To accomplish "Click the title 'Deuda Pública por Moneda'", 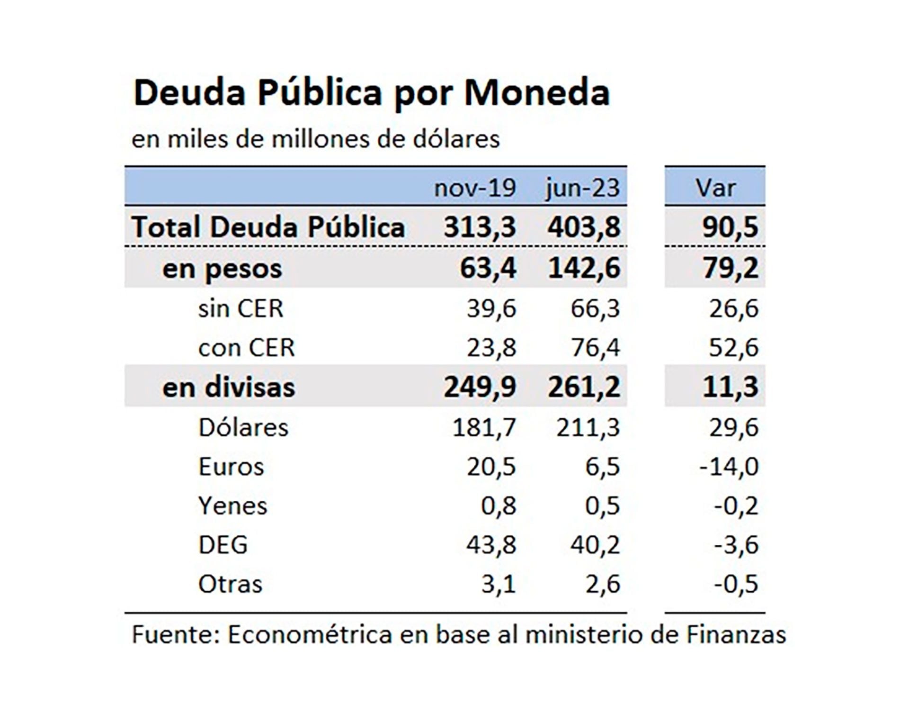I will click(x=372, y=93).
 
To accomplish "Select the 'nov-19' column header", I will click(x=474, y=188).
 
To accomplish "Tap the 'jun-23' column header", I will click(x=582, y=188).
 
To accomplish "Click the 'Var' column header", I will click(x=715, y=188).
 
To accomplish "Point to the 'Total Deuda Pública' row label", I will click(x=268, y=227).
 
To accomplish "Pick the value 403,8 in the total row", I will click(x=584, y=227).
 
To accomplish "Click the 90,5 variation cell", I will click(x=730, y=227).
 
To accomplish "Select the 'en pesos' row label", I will click(x=222, y=269).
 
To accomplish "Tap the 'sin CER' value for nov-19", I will click(x=491, y=309).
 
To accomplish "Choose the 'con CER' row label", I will click(x=246, y=348).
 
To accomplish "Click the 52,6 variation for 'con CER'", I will click(x=733, y=348).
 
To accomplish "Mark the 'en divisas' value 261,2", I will click(x=584, y=387).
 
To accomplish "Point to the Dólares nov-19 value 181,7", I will click(x=484, y=427).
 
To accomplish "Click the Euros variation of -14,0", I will click(x=729, y=467).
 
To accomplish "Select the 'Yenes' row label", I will click(x=232, y=505).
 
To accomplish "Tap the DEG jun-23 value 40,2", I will click(x=595, y=545).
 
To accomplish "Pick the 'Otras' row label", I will click(x=230, y=584).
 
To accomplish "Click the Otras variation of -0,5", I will click(x=736, y=584).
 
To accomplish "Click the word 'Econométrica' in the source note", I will click(x=310, y=635).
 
